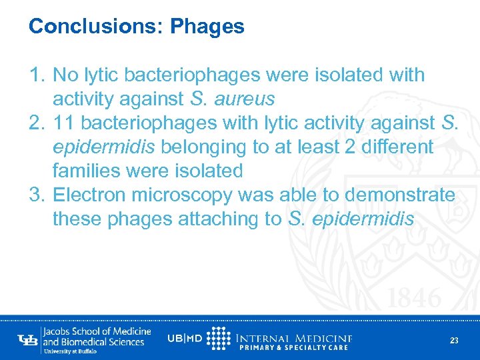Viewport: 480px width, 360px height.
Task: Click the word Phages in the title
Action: pos(207,27)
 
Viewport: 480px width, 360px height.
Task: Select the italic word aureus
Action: pos(241,99)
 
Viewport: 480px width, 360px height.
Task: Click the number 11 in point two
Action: pos(64,123)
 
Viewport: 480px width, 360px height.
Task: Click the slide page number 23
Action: pos(454,341)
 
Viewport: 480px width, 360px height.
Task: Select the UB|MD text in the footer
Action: pos(185,338)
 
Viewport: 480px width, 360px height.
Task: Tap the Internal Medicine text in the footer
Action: pos(294,337)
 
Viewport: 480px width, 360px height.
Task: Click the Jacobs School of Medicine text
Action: pos(97,331)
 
